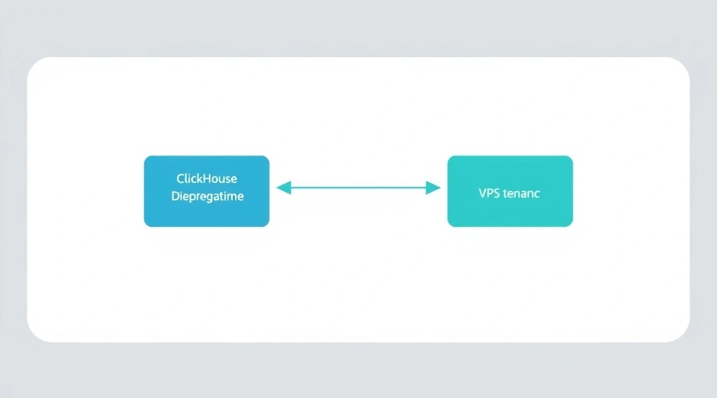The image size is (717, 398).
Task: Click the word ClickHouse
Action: [x=207, y=178]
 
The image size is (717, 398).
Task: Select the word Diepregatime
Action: [x=208, y=197]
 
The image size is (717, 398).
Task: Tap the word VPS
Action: [x=489, y=193]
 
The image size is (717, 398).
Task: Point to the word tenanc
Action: [x=522, y=194]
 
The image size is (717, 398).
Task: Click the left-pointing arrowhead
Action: [x=284, y=188]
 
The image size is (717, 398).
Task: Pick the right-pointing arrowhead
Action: [x=433, y=188]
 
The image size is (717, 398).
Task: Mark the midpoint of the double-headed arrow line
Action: [x=358, y=188]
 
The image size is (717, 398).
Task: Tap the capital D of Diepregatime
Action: [x=176, y=196]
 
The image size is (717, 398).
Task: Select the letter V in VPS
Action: [x=482, y=193]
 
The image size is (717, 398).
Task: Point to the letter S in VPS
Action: [x=496, y=193]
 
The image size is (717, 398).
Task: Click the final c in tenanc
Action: [x=537, y=195]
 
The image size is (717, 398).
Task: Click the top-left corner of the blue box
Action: [x=145, y=157]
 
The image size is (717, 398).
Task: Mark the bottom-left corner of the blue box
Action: [x=145, y=226]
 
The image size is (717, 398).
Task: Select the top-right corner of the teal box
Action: [x=572, y=157]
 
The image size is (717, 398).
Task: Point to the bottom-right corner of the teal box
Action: [x=572, y=226]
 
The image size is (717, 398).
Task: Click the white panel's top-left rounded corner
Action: [x=33, y=63]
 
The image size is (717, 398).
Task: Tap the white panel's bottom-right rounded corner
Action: [x=684, y=336]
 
